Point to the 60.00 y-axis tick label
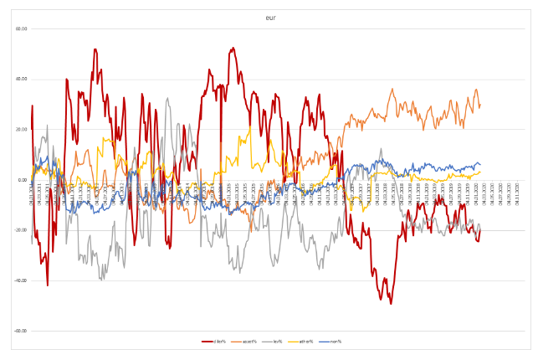tap(22, 28)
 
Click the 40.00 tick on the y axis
tap(22, 79)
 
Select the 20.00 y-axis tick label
tap(22, 130)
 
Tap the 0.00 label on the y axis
tap(23, 180)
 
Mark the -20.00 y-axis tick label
tap(21, 230)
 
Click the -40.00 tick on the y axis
tap(21, 280)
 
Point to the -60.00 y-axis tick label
tap(21, 331)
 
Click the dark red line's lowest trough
tap(391, 302)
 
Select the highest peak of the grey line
tap(167, 99)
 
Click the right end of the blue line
tap(480, 164)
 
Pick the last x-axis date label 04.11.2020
tap(518, 193)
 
